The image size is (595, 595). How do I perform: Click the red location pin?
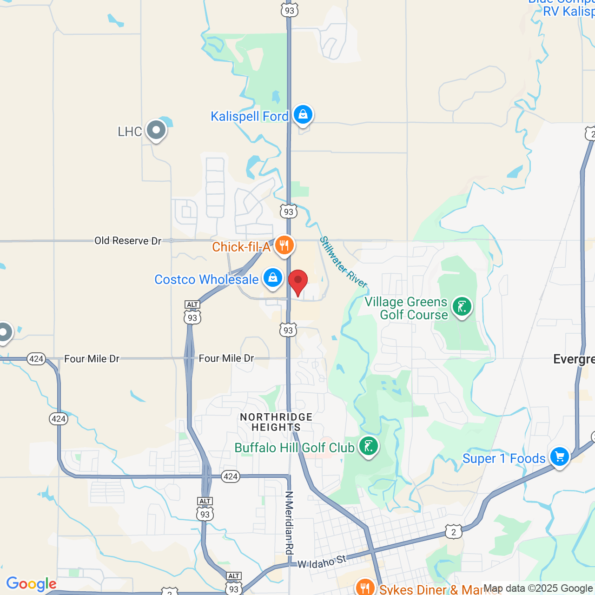(298, 281)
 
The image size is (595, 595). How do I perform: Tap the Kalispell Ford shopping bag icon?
(303, 114)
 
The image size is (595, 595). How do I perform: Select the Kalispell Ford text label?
(250, 116)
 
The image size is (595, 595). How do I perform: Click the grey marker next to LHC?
(156, 130)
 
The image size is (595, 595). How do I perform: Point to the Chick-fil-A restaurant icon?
(284, 245)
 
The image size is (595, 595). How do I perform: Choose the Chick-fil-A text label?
(241, 247)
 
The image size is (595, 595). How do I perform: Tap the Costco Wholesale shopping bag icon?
(273, 278)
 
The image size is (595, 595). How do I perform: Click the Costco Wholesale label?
(206, 279)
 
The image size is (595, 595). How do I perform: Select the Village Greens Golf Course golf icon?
(462, 307)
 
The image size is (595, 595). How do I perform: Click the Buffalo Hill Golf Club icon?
(369, 446)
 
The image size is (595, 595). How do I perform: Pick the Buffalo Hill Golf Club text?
(294, 448)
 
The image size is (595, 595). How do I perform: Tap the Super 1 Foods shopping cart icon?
(559, 456)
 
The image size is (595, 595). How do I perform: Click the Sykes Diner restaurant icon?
(365, 588)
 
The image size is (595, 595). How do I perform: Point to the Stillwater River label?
(344, 263)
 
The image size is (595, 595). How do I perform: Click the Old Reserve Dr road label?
(128, 241)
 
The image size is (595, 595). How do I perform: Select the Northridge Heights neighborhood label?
(276, 422)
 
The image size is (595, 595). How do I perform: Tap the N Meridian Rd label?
(289, 522)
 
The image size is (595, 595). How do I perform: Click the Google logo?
(31, 584)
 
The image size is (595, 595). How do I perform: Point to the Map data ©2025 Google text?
(538, 588)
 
